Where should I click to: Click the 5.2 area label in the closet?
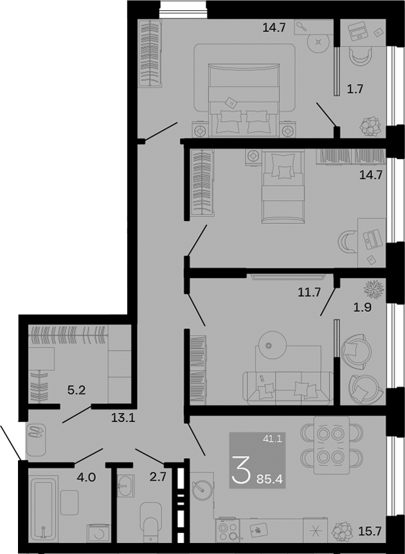[x=76, y=391]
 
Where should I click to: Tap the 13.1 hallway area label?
[x=123, y=418]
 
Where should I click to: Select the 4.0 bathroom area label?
[x=86, y=477]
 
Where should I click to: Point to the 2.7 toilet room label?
[x=158, y=477]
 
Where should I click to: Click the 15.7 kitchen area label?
[x=370, y=531]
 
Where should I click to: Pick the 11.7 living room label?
[x=309, y=292]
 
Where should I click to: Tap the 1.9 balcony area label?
[x=363, y=308]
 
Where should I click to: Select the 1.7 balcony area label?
[x=355, y=89]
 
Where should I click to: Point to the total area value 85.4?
[x=270, y=479]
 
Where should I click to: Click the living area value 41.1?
[x=272, y=439]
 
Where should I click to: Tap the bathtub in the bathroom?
[x=44, y=508]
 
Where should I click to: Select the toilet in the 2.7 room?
[x=151, y=521]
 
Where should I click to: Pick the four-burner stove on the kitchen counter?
[x=228, y=530]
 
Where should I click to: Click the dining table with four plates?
[x=331, y=445]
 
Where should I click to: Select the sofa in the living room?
[x=288, y=388]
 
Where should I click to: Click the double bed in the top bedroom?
[x=244, y=100]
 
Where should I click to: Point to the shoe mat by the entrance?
[x=36, y=440]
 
